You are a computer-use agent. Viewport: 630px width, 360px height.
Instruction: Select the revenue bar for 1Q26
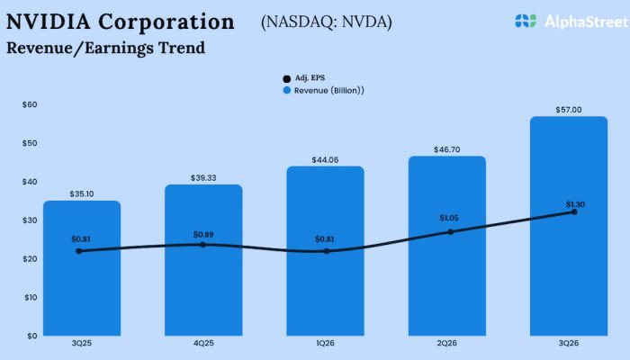(326, 270)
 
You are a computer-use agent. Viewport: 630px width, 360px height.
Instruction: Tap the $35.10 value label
(82, 193)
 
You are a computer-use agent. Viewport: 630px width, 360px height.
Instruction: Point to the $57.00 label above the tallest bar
(569, 110)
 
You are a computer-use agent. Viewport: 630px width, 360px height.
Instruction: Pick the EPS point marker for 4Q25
(202, 244)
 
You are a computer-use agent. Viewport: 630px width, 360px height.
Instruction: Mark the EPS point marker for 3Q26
(573, 211)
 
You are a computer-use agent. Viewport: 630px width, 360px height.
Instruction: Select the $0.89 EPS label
(204, 234)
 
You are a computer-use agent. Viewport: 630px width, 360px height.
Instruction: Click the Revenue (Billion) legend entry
(324, 90)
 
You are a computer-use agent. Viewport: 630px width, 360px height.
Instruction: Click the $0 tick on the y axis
(32, 336)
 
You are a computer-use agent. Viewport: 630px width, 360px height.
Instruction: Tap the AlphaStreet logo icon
(526, 20)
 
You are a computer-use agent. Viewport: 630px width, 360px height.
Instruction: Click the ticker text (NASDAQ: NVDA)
(326, 22)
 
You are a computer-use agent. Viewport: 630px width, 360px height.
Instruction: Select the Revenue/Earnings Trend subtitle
(105, 48)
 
